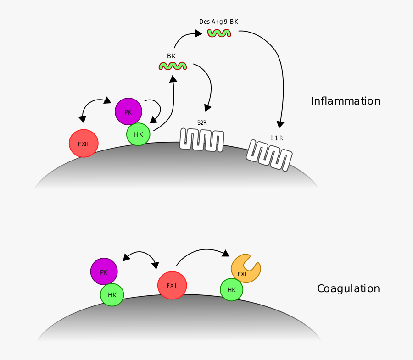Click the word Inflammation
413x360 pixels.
345,101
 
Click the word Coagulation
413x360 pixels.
348,288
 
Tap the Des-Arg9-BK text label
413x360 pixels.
218,22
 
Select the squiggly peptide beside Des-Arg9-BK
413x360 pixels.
219,33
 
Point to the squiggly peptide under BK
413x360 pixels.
173,66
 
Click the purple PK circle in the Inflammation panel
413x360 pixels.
128,111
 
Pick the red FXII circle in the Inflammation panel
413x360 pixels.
84,144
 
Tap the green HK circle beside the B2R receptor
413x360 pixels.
138,134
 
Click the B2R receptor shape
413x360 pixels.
202,139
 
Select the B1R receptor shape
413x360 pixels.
269,155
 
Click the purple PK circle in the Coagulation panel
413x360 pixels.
104,271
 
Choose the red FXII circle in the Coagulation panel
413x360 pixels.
172,285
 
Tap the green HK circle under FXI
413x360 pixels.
231,290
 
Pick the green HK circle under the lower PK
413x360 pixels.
112,295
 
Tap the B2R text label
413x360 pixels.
202,123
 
